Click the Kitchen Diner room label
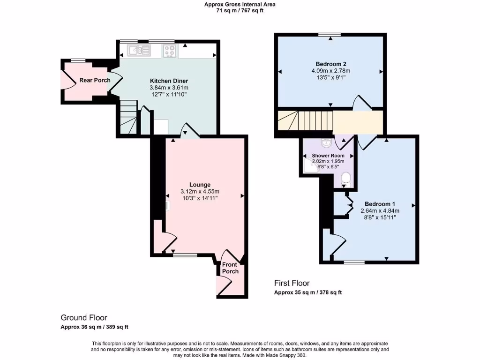click(169, 80)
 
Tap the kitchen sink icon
click(139, 50)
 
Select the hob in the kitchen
click(170, 51)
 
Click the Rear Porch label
click(95, 80)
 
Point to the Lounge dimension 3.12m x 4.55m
click(200, 191)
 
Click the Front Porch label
click(230, 268)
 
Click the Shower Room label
click(328, 156)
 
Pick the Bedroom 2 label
click(331, 64)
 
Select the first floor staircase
click(305, 120)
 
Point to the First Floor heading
click(292, 283)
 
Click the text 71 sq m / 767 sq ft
click(240, 10)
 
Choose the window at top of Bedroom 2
click(330, 34)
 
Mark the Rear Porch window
click(78, 60)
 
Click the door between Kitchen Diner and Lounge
click(190, 131)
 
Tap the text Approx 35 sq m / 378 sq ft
click(308, 292)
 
